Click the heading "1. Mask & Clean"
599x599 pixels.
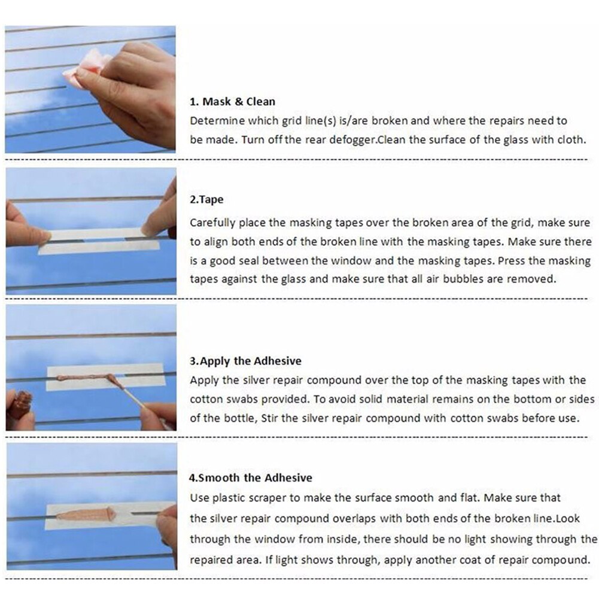(233, 101)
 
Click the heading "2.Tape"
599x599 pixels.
(206, 200)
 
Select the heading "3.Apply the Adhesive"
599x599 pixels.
(245, 361)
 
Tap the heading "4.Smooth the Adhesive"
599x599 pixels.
(251, 478)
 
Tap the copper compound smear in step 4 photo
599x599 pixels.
(84, 515)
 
